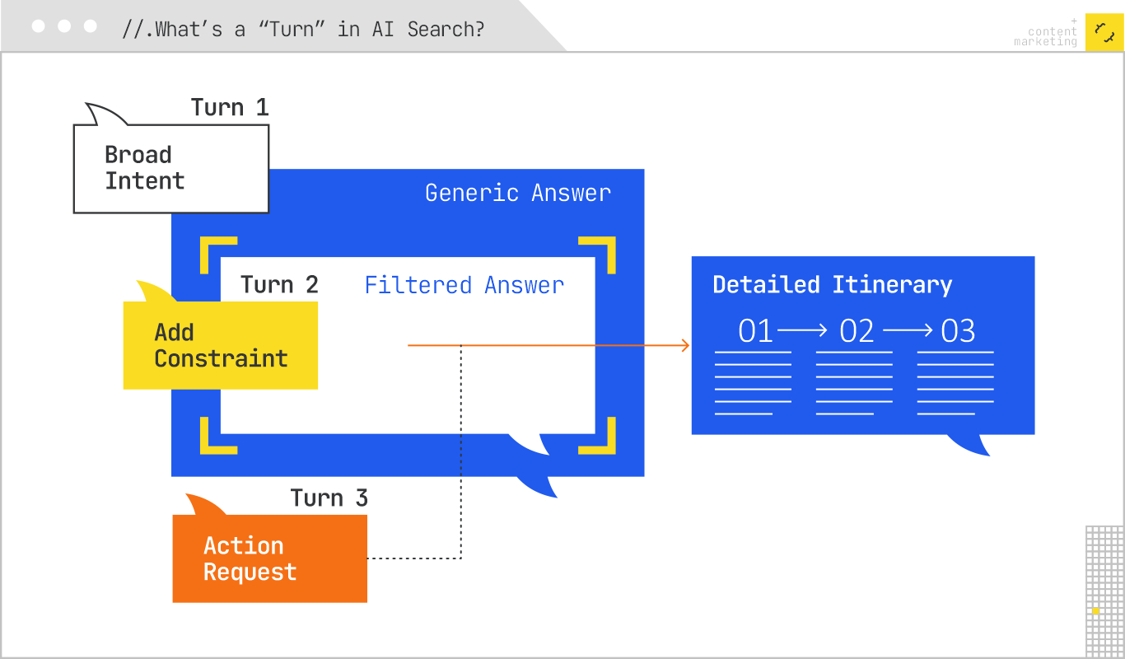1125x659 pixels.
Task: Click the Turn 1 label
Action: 230,108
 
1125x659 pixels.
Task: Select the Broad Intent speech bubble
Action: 170,168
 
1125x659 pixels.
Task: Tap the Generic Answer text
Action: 518,193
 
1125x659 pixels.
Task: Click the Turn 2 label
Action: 279,285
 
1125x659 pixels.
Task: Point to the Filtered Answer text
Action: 464,285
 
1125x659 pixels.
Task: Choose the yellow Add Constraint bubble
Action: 220,345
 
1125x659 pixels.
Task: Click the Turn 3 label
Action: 329,498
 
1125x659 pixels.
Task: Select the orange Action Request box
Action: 269,559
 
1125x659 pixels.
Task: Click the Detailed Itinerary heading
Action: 832,285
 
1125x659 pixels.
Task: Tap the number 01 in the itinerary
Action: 756,331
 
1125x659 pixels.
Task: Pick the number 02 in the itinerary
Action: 857,331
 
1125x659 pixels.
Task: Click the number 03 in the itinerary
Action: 958,331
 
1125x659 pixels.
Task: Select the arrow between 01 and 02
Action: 803,330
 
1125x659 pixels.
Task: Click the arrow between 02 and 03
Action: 908,330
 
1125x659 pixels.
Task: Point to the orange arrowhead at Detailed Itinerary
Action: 685,346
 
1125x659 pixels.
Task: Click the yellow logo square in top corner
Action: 1104,32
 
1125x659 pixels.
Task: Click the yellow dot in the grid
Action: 1095,610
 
